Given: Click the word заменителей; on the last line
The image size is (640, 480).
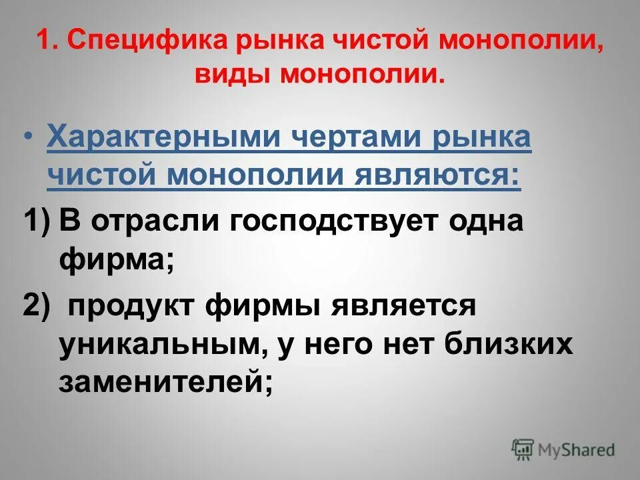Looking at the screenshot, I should point(166,383).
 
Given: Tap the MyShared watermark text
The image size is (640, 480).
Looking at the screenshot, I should point(577,449).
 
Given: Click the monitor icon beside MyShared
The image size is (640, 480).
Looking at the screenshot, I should point(523,449).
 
